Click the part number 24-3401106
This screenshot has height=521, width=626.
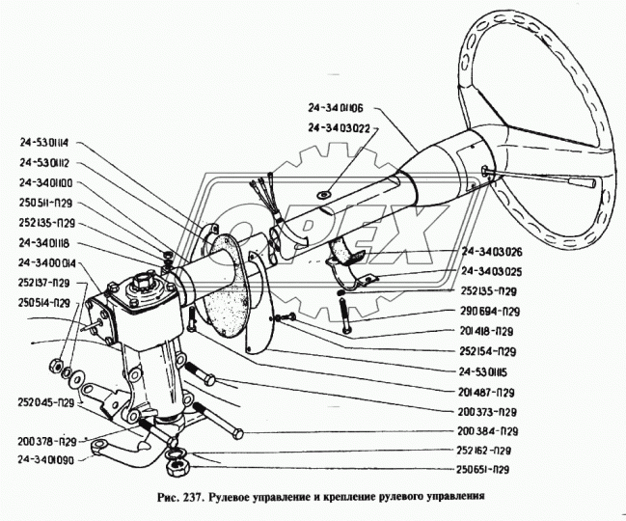tap(341, 111)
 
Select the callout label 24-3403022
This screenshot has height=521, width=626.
tap(341, 126)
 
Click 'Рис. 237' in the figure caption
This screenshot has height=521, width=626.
tap(176, 499)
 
